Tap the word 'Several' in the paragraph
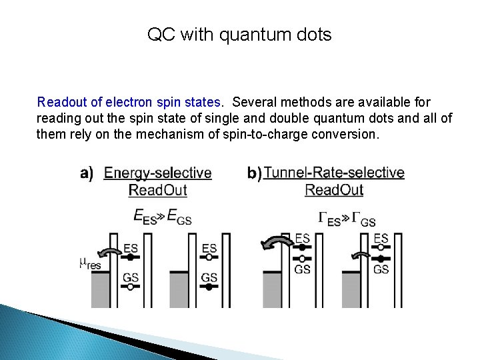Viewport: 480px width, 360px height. click(x=255, y=103)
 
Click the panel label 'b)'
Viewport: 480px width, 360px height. click(x=254, y=174)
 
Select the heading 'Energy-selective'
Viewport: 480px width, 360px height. click(x=158, y=173)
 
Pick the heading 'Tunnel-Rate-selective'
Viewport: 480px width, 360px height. click(x=334, y=173)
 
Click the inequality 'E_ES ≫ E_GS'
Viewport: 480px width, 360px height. click(x=162, y=217)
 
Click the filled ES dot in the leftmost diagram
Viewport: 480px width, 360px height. click(x=131, y=257)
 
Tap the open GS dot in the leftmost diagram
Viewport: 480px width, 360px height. click(x=131, y=287)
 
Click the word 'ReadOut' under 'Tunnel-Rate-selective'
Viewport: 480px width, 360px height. click(x=334, y=190)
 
